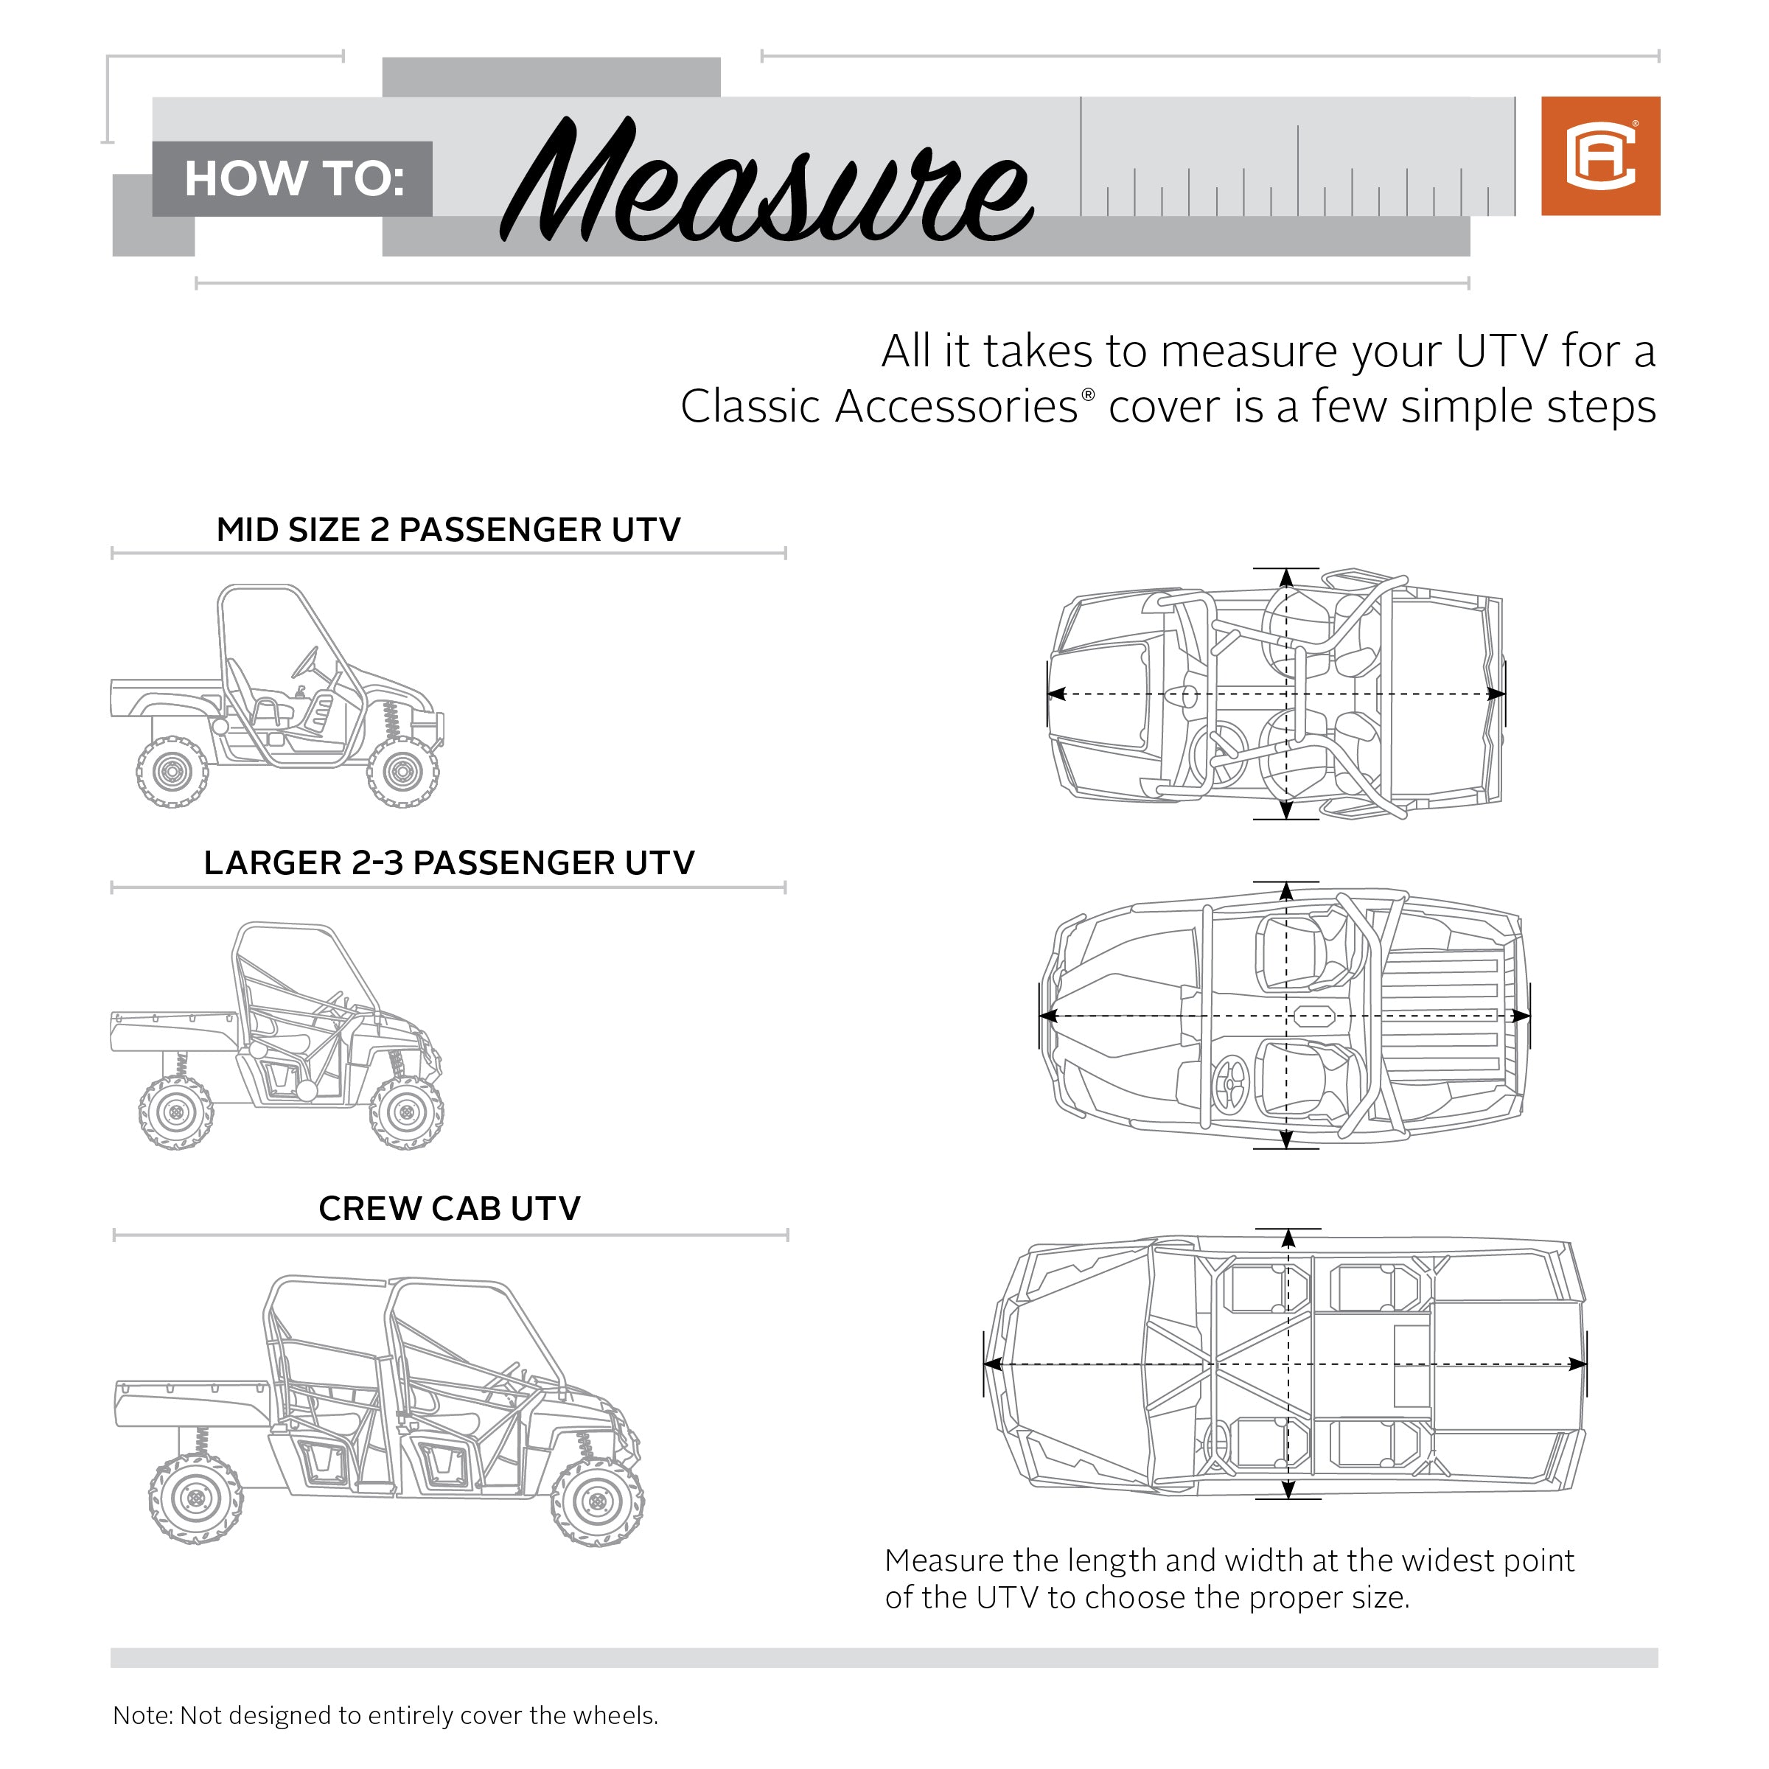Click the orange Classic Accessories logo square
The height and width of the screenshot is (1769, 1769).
1599,156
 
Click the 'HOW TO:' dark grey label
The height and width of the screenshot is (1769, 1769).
293,178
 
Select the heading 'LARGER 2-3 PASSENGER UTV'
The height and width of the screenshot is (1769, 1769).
449,862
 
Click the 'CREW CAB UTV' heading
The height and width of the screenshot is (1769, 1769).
449,1209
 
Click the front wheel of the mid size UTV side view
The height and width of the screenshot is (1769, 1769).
403,772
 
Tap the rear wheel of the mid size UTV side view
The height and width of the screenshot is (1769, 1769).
172,772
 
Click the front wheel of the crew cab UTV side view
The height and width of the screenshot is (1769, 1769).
597,1501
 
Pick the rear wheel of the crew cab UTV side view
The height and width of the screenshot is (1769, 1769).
195,1499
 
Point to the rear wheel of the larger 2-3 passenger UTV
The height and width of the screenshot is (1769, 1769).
176,1112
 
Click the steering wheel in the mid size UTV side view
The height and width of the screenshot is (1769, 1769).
306,661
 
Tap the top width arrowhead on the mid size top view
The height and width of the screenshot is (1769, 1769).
1286,578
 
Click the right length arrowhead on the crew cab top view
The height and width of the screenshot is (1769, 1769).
1577,1365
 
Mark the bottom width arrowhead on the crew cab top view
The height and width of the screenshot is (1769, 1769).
1288,1489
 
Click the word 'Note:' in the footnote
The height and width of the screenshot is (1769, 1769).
142,1715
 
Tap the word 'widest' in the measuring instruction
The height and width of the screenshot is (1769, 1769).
1447,1560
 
